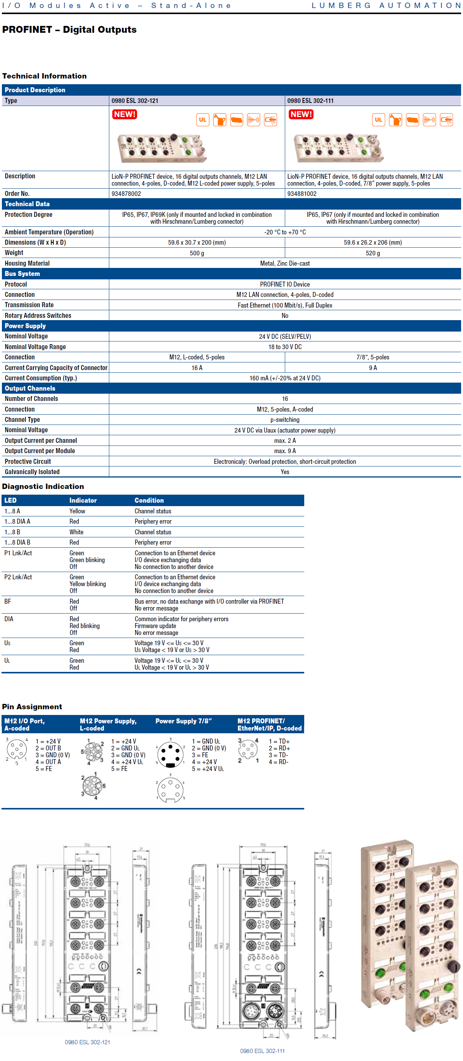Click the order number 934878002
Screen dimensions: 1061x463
point(126,194)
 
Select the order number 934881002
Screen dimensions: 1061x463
point(302,194)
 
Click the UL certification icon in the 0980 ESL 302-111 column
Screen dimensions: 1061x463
point(378,120)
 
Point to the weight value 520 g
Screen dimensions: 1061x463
point(372,253)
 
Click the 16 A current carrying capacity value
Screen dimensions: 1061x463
point(197,368)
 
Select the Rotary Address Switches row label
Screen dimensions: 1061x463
point(38,316)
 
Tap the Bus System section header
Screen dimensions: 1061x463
point(22,274)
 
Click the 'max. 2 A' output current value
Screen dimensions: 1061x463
point(285,441)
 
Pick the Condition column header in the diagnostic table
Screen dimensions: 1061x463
point(149,500)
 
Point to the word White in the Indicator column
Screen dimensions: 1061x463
point(76,532)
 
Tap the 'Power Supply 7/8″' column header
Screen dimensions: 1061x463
point(184,721)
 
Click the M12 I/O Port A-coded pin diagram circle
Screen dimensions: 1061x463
point(16,749)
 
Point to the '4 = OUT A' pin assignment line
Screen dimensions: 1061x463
point(48,762)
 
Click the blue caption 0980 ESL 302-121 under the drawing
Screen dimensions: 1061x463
point(87,1042)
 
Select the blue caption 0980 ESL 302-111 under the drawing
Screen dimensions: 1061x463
point(262,1051)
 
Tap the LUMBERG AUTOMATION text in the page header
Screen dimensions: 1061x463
point(386,6)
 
